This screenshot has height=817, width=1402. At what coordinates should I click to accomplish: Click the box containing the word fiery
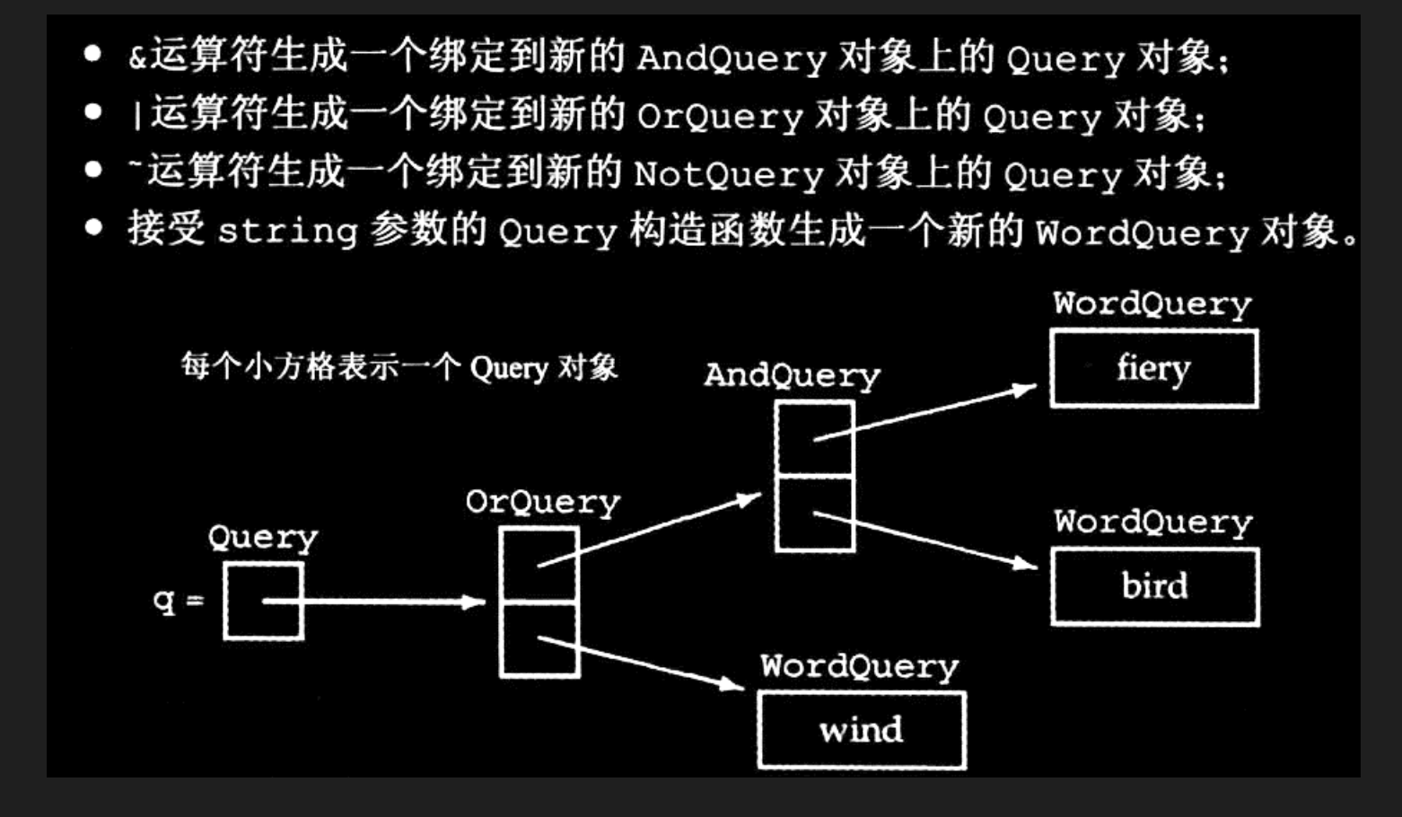tap(1153, 369)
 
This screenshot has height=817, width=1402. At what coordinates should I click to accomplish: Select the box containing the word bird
tap(1154, 586)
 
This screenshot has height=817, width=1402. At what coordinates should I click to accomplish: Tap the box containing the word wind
tap(861, 730)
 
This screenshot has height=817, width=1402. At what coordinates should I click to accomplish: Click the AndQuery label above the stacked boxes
tap(792, 375)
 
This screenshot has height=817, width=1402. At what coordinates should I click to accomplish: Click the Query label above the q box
tap(262, 538)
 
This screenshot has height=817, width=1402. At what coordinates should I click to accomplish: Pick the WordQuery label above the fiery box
tap(1152, 304)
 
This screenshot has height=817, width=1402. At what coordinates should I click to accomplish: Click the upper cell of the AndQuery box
tap(814, 438)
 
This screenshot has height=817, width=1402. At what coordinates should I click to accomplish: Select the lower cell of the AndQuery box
tap(814, 514)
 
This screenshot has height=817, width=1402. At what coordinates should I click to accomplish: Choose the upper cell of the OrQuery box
tap(539, 564)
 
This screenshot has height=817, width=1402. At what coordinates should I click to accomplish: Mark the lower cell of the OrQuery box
tap(539, 639)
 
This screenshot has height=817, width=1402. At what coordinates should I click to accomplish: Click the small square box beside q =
tap(263, 601)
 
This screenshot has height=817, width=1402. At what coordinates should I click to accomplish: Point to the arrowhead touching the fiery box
tap(1025, 389)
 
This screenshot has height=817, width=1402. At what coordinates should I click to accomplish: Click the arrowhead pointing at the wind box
tap(732, 685)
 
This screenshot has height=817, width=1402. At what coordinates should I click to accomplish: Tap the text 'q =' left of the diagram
tap(178, 600)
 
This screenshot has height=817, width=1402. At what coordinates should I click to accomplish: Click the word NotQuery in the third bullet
tap(728, 174)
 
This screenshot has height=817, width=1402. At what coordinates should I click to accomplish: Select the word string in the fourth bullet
tap(288, 232)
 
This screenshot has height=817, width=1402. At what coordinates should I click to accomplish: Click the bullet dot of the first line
tap(92, 54)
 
